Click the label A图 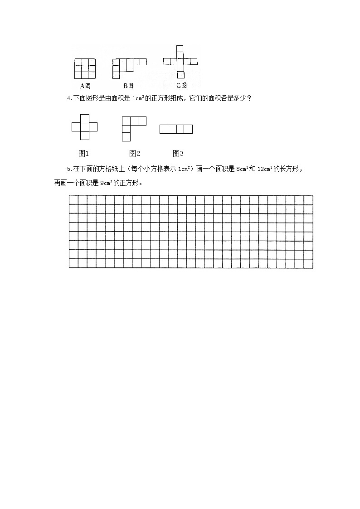pyautogui.click(x=85, y=86)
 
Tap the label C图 pyautogui.click(x=181, y=85)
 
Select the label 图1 pyautogui.click(x=84, y=153)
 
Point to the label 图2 pyautogui.click(x=135, y=153)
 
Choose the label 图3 pyautogui.click(x=178, y=153)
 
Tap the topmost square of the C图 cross pyautogui.click(x=180, y=49)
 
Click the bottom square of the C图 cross pyautogui.click(x=180, y=75)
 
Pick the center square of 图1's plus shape pyautogui.click(x=85, y=127)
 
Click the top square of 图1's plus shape pyautogui.click(x=85, y=119)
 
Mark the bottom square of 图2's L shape pyautogui.click(x=126, y=137)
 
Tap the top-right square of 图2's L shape pyautogui.click(x=142, y=121)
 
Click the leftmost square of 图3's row pyautogui.click(x=164, y=130)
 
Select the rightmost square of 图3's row pyautogui.click(x=188, y=130)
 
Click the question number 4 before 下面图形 pyautogui.click(x=68, y=98)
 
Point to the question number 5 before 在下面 pyautogui.click(x=68, y=169)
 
